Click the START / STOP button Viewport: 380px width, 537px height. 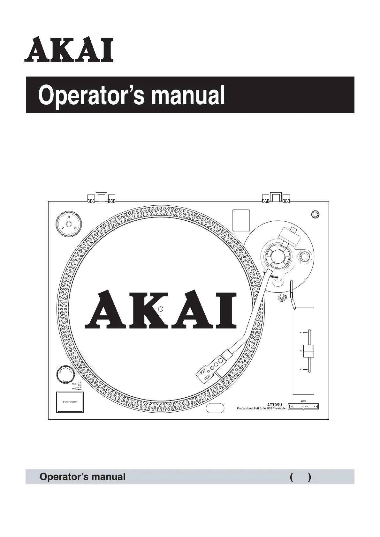[70, 401]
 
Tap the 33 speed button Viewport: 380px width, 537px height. [296, 407]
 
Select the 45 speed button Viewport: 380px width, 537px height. [311, 407]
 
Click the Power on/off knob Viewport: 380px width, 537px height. [65, 375]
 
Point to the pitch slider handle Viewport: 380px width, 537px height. [308, 351]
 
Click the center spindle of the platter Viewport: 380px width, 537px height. [161, 309]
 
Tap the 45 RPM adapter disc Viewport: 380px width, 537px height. [68, 224]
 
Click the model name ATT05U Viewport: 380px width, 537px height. [274, 405]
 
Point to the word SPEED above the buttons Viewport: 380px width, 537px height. [303, 401]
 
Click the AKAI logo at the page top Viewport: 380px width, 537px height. [69, 50]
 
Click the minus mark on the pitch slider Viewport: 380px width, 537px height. [301, 333]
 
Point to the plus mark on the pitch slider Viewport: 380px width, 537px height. [301, 370]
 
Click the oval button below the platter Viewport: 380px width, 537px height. [215, 408]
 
